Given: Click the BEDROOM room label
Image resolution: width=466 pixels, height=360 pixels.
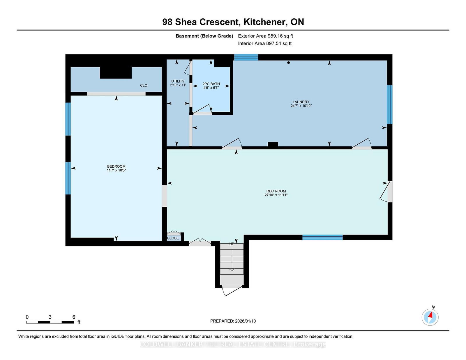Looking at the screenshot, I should tap(116, 166).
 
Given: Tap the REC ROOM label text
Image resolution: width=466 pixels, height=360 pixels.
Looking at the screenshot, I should tap(276, 191).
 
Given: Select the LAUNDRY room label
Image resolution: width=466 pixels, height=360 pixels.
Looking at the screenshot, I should tap(301, 102).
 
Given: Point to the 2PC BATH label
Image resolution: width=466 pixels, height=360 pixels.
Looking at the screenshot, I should tap(211, 84).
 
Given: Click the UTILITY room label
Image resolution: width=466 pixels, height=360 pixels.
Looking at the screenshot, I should tap(178, 81).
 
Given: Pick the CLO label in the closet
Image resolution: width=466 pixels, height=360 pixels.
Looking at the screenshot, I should tap(144, 85).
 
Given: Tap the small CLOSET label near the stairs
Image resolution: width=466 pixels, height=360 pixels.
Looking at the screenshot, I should tap(174, 238).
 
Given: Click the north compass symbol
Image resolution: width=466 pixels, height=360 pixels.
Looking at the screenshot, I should tap(430, 317).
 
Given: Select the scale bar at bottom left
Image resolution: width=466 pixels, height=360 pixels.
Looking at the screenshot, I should tap(50, 322).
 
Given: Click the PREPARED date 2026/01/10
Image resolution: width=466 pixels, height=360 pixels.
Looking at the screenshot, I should tap(245, 321).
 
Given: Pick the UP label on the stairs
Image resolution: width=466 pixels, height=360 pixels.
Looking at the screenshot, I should tap(232, 244).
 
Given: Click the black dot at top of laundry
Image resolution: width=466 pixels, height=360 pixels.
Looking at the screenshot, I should tap(288, 63).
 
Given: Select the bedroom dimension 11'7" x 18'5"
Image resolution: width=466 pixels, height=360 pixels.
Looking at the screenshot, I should tap(116, 170).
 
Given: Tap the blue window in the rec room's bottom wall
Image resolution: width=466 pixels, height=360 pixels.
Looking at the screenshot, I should tap(322, 237).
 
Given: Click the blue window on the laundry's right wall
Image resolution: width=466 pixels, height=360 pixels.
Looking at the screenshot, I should tap(389, 104).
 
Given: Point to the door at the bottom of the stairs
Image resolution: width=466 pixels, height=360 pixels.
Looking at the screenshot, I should tap(232, 290).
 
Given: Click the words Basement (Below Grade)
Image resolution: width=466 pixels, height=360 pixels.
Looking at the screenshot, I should tap(204, 36).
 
